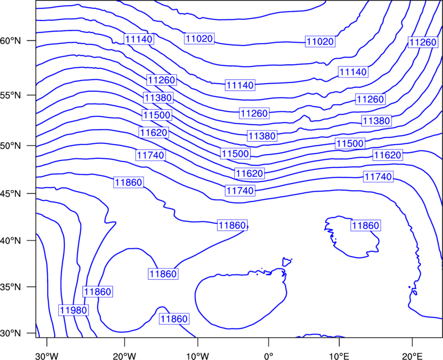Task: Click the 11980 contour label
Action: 74,310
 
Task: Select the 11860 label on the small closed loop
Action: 365,225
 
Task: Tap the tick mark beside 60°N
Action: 32,40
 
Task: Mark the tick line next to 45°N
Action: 32,193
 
